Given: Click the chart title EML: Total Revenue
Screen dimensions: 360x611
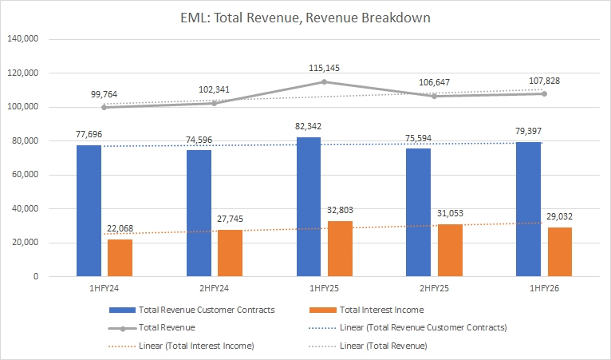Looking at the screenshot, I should tap(305, 17).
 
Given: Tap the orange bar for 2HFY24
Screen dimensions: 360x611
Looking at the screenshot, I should tap(230, 253).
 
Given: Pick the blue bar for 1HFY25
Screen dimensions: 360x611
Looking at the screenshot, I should tap(309, 207).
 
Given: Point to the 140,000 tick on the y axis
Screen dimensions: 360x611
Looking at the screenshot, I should tap(25, 39).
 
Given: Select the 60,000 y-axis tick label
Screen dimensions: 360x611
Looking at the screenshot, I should tap(27, 175).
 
